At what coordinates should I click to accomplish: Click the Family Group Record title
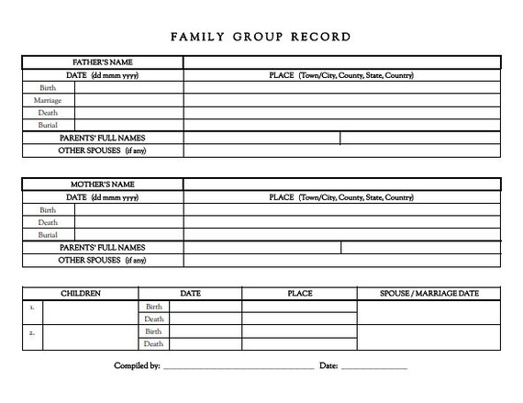[261, 38]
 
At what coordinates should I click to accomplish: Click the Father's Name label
[102, 62]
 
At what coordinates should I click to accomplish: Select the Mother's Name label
[102, 185]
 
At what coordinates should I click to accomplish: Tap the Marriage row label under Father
[48, 100]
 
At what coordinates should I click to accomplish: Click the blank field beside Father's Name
[341, 62]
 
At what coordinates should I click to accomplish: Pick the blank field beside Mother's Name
[341, 185]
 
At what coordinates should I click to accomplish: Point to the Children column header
[81, 294]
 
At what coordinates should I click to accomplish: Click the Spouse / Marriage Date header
[428, 294]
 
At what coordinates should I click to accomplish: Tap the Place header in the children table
[299, 294]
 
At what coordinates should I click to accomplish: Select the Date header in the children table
[190, 294]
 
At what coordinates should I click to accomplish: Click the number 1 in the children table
[32, 308]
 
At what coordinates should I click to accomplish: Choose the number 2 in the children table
[32, 332]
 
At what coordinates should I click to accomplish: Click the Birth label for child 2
[153, 331]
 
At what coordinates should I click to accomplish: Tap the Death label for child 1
[153, 319]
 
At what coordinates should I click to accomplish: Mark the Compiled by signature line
[239, 367]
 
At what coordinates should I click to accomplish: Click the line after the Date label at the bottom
[374, 367]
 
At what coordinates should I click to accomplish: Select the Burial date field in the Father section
[128, 125]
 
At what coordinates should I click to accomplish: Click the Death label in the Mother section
[48, 222]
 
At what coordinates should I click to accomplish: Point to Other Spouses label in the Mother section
[102, 260]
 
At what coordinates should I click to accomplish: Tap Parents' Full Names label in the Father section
[102, 138]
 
